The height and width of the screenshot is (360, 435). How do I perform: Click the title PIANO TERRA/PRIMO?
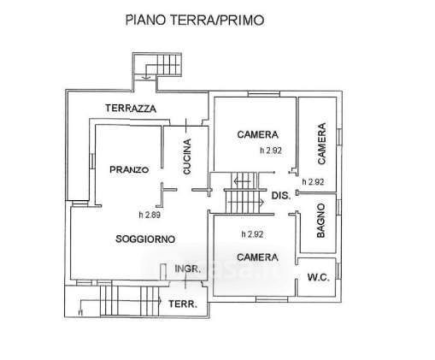coord(195,21)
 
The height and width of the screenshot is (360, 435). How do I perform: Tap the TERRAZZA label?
coord(131,109)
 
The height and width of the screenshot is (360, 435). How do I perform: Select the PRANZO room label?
coord(129,169)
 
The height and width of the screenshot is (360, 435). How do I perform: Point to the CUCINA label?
coord(187,156)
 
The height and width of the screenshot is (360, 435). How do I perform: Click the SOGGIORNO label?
coord(145,239)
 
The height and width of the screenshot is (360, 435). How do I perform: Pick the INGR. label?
coord(188,269)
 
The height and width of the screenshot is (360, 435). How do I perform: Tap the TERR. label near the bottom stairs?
coord(183,304)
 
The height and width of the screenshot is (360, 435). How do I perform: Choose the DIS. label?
coord(281,196)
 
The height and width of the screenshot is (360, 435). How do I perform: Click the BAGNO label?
coord(320,221)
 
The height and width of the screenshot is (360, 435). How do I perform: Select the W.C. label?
coord(319,277)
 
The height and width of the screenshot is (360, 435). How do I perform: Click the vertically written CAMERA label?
coord(321,144)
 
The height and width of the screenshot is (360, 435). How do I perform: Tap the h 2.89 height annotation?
coord(150,215)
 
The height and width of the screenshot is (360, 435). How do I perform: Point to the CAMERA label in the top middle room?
coord(257,134)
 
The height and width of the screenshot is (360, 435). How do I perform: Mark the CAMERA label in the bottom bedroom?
coord(257,257)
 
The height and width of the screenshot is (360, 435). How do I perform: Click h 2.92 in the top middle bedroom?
coord(271,150)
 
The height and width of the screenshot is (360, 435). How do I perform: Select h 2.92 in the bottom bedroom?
coord(252,234)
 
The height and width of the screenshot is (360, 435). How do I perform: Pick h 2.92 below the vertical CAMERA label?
coord(313,181)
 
